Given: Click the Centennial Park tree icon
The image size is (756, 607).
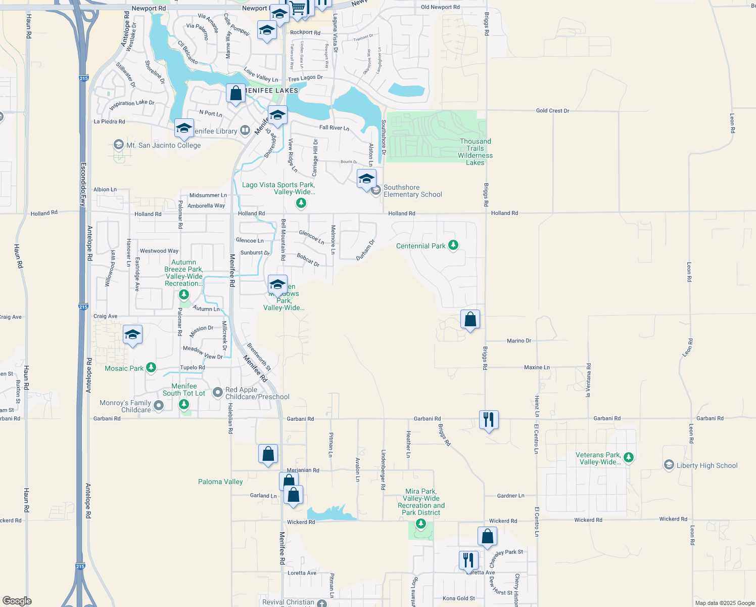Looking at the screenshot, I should pos(453,246).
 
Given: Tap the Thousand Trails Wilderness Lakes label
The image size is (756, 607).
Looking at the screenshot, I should pos(475,152).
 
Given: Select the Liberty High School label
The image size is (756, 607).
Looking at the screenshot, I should pos(707,465).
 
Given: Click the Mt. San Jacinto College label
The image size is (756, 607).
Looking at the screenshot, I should pos(163,145).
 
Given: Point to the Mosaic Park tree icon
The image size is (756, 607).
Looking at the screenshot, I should pos(151,368).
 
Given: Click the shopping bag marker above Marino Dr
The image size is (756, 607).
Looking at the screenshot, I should pos(470,320).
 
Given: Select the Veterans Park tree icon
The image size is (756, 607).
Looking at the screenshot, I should pos(629,457).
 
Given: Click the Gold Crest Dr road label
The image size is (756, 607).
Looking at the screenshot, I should pos(552,110).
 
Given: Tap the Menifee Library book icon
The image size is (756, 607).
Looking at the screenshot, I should pos(245,131).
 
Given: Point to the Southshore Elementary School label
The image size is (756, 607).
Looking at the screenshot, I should pos(412,191).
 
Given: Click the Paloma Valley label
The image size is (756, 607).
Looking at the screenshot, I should pos(220,482).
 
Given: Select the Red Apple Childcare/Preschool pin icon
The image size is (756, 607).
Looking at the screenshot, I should pos(218,392).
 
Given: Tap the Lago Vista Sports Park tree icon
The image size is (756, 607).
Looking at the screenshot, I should pos(301,203).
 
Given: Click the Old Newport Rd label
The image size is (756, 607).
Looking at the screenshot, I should pos(440,7).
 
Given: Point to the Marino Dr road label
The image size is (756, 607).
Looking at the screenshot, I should pos(519,341).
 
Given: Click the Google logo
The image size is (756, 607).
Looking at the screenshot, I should pos(17,601).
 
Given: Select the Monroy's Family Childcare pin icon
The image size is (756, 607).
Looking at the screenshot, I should pos(159,405).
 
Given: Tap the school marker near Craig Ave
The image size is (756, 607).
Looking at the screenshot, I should pos(132,335).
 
